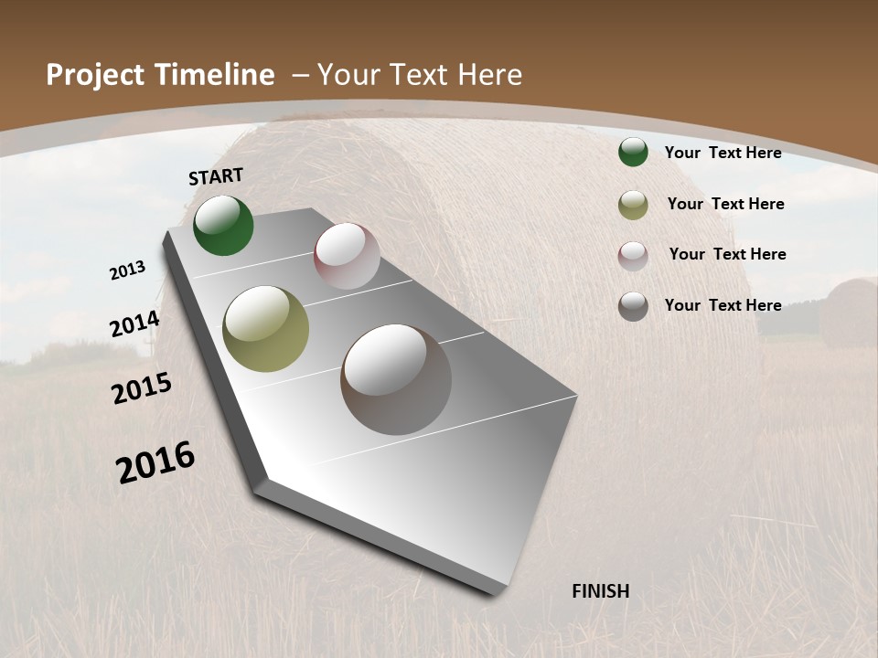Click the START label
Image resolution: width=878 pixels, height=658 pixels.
tap(216, 176)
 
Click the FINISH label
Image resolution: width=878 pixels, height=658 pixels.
tap(601, 591)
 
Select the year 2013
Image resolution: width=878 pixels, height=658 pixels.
tap(128, 271)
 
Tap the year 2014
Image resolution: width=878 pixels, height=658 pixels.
tap(135, 324)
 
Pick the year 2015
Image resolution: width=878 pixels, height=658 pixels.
tap(142, 389)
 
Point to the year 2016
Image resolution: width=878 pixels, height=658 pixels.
tap(156, 462)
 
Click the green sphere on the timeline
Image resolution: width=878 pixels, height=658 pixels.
tap(223, 225)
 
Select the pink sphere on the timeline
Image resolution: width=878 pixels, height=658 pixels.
tap(347, 256)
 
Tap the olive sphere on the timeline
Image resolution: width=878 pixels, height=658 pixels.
tap(266, 329)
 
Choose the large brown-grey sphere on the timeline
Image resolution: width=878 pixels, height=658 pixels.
tap(396, 378)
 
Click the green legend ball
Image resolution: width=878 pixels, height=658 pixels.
tap(633, 153)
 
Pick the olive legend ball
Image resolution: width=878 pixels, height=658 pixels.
tap(633, 205)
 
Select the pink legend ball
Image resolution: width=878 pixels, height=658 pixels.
tap(633, 256)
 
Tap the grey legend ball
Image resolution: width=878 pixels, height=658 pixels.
tap(633, 306)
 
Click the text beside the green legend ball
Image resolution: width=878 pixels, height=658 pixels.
tap(723, 153)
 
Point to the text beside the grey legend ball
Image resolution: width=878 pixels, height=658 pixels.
tap(723, 305)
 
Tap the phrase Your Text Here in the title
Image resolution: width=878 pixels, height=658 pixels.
tap(420, 75)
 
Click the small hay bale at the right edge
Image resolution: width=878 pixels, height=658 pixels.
tap(849, 313)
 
